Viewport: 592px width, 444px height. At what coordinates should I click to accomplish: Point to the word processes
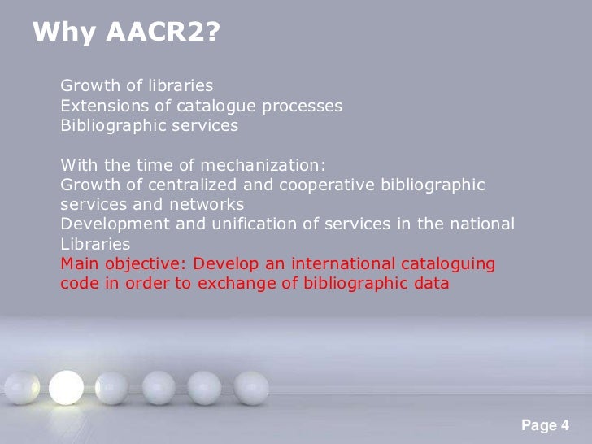(304, 106)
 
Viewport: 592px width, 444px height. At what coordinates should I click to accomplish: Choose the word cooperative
(316, 185)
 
